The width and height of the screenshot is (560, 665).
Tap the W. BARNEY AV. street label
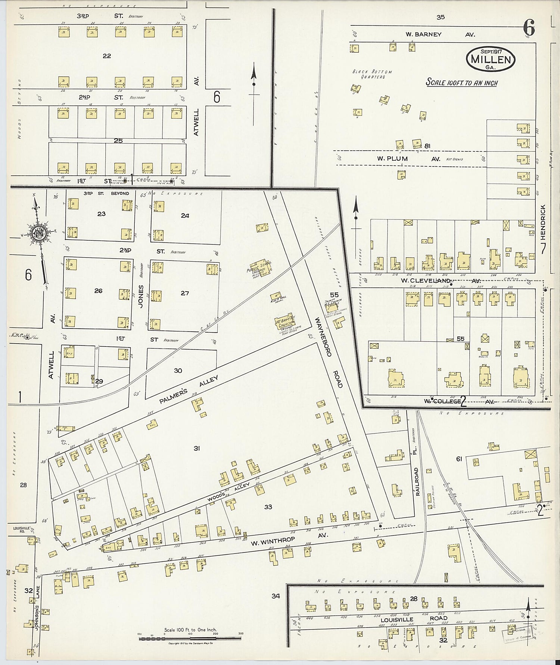click(x=440, y=34)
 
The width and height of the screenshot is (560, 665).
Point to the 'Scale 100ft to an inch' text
click(x=462, y=83)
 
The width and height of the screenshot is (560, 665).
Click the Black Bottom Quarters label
click(x=372, y=74)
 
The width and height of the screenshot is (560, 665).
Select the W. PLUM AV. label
click(x=408, y=159)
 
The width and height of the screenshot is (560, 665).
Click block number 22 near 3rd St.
click(x=107, y=56)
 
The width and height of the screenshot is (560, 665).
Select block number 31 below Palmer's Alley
click(x=197, y=448)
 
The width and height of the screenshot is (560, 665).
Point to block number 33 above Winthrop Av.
click(x=268, y=507)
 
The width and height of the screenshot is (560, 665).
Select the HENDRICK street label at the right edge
click(x=543, y=222)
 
